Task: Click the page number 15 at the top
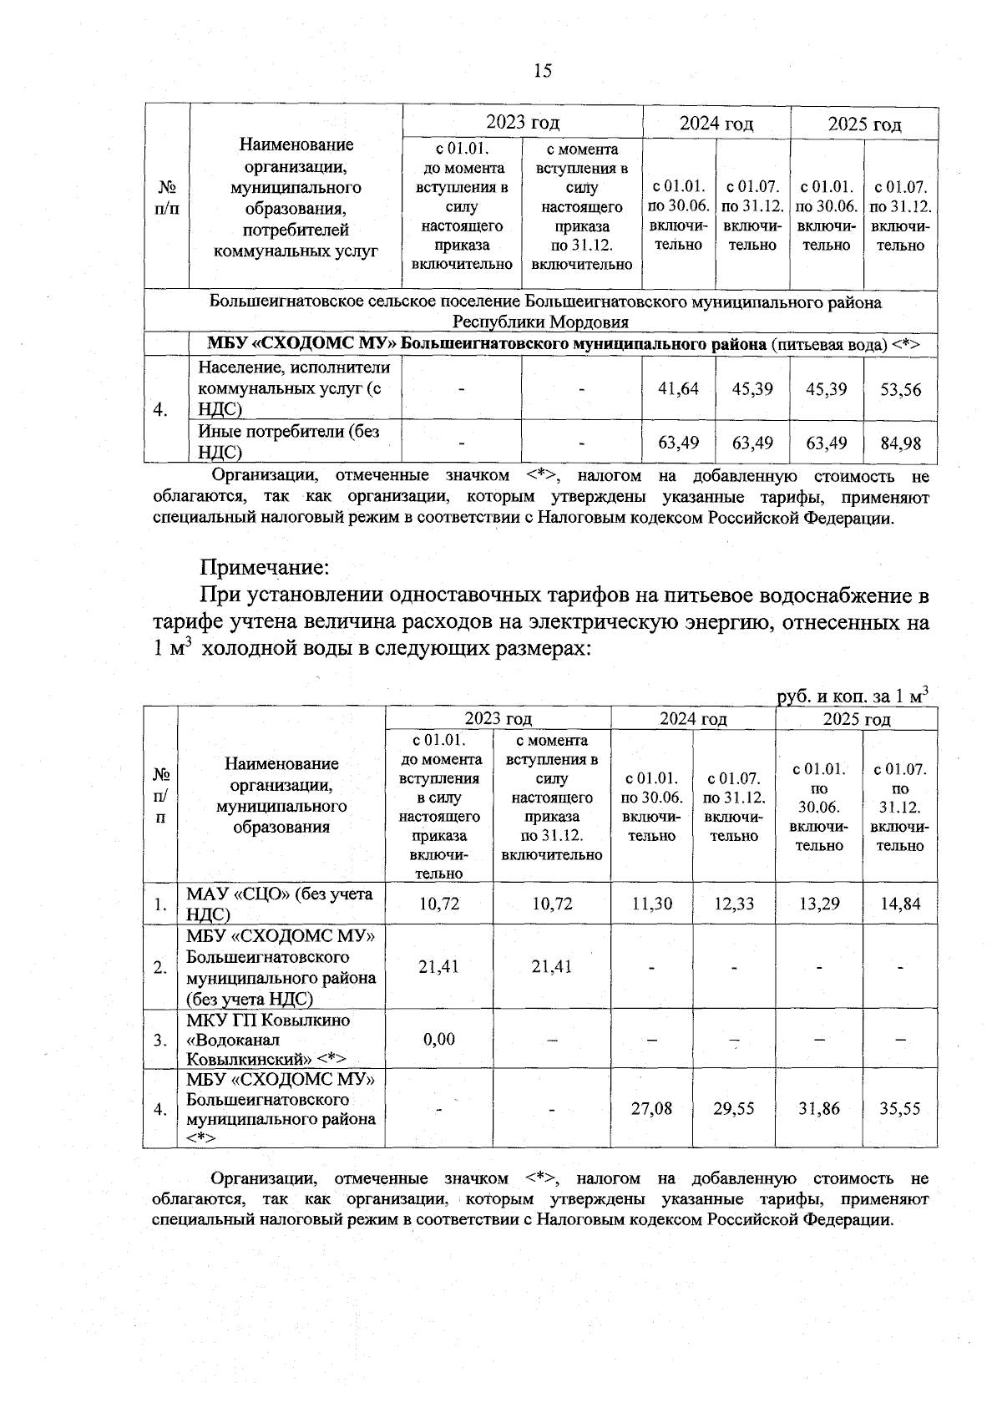point(543,70)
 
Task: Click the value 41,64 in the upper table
point(678,388)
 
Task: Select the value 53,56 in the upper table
point(900,389)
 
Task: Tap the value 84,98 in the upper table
point(900,443)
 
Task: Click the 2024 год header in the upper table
point(716,124)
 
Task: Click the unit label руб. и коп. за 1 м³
point(852,696)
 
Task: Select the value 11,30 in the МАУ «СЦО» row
point(651,904)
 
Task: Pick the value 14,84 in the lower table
point(900,904)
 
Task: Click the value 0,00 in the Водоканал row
point(439,1039)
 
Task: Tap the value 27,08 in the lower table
point(651,1109)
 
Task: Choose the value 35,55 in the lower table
point(900,1109)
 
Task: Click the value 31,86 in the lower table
point(818,1109)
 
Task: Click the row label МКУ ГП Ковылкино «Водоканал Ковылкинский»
point(269,1040)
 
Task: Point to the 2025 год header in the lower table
point(857,719)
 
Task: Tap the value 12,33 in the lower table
point(734,904)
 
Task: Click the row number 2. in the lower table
point(159,967)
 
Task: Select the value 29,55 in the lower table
point(734,1109)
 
